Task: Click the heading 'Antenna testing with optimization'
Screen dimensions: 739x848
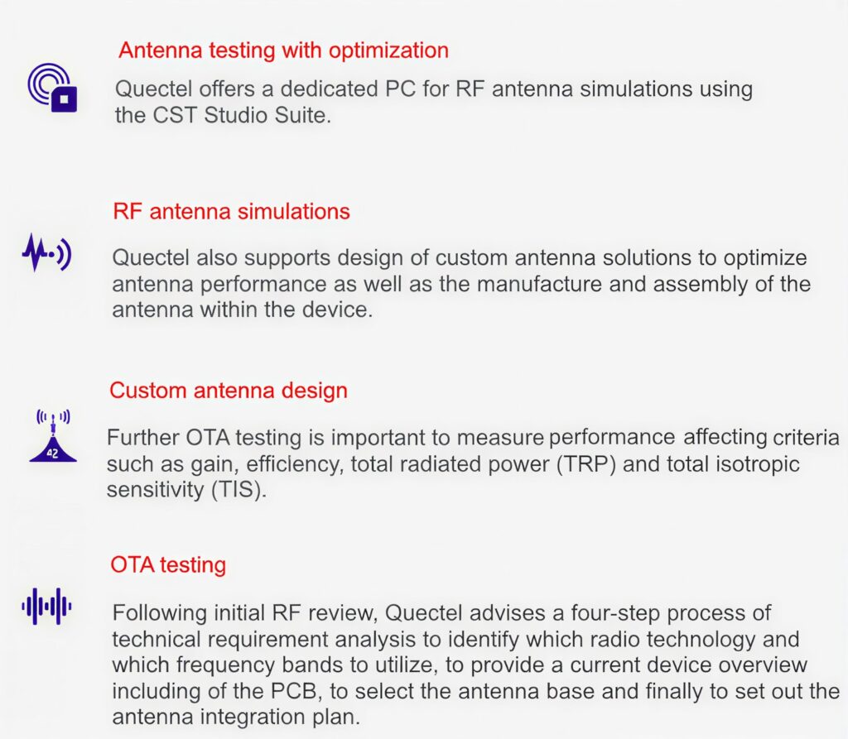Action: [283, 50]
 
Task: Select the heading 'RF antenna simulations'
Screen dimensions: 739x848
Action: [231, 211]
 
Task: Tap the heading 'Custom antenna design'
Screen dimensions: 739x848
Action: [229, 390]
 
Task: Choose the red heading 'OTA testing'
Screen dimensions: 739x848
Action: [168, 565]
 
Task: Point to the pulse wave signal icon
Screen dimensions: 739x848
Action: [46, 252]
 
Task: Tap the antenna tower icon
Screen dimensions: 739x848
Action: [52, 435]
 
